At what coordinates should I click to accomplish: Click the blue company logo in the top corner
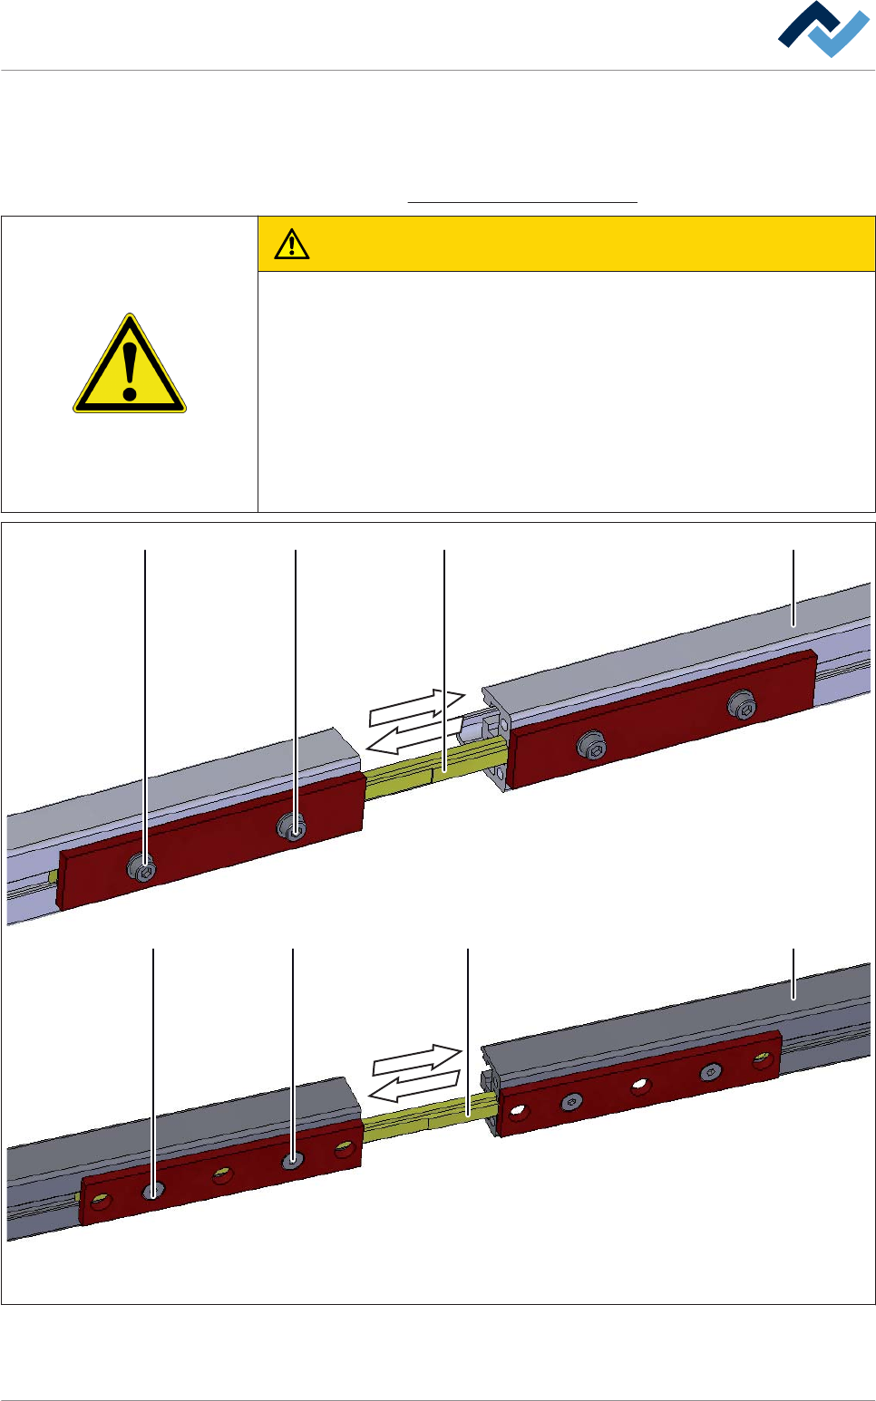(823, 30)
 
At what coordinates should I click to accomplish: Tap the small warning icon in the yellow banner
(292, 244)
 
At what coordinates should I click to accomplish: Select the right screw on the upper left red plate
(292, 826)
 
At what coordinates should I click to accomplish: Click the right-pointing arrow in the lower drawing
(417, 1061)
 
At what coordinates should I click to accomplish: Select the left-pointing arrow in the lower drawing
(414, 1086)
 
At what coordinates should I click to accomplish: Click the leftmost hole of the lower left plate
(101, 1202)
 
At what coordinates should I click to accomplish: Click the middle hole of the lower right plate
(641, 1085)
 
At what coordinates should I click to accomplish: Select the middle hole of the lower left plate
(222, 1175)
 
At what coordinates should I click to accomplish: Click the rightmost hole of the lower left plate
(344, 1150)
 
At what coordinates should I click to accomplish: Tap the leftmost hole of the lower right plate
(518, 1109)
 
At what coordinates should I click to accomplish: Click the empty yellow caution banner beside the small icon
(589, 244)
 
